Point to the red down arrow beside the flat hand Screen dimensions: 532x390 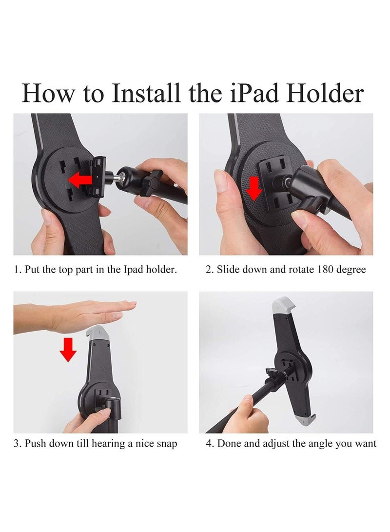click(x=68, y=350)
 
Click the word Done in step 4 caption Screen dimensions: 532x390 click(x=228, y=444)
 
